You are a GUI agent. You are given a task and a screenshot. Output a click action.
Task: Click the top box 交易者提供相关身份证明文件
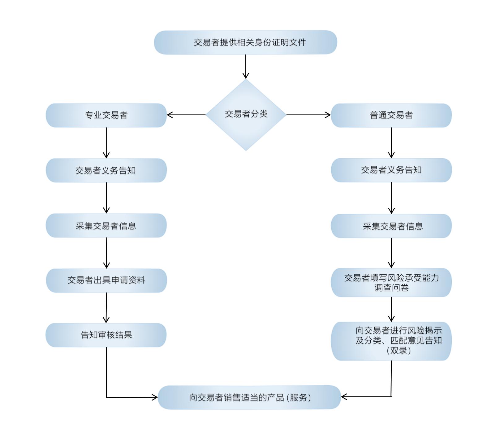point(245,42)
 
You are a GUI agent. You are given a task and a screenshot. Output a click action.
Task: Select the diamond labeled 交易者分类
point(246,115)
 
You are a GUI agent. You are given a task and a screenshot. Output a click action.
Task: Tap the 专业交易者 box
point(106,115)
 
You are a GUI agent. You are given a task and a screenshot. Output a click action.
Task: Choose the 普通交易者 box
point(391,115)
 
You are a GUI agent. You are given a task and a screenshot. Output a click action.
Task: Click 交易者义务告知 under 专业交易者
point(106,170)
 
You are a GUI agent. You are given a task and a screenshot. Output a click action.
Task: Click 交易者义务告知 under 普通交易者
point(391,170)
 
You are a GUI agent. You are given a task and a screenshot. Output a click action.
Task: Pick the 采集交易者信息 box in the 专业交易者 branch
point(106,225)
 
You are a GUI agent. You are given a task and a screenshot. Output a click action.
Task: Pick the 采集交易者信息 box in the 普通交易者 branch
point(391,226)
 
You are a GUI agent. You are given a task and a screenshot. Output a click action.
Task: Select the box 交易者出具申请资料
point(106,280)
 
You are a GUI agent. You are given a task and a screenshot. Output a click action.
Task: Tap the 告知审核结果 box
point(106,335)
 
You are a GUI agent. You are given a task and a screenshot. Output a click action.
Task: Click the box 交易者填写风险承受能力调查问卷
point(391,283)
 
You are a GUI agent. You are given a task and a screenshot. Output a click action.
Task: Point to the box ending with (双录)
point(391,341)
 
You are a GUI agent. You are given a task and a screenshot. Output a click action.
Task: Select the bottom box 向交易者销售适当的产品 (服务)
point(249,397)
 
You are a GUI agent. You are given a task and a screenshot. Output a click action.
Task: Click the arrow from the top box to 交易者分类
point(246,66)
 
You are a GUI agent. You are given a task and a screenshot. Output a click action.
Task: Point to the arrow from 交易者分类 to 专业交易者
point(186,115)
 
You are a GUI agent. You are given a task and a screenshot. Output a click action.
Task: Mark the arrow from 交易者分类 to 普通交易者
point(308,115)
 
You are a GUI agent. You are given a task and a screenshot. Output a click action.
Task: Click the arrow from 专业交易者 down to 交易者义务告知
point(106,143)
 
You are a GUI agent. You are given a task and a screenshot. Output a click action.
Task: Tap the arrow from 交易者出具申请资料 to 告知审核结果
point(106,308)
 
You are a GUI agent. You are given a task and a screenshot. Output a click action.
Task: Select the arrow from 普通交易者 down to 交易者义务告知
point(391,143)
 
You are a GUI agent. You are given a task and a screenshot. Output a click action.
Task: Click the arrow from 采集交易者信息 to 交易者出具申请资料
point(106,253)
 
